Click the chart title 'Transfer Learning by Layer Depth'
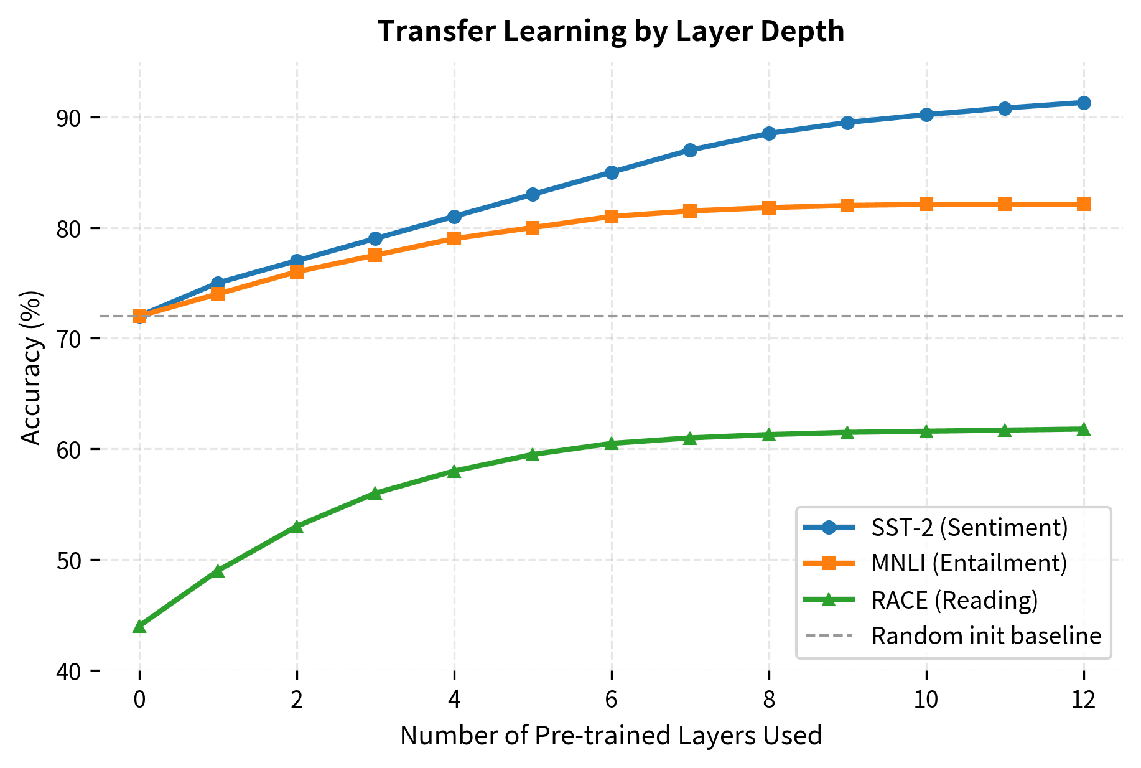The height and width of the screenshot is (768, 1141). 611,31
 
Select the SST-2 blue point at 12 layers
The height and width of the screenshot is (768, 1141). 1084,103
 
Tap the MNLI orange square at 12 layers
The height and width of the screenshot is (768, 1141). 1084,204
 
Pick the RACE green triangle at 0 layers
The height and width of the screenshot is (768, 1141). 139,626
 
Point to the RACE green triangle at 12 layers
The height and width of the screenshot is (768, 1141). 1084,429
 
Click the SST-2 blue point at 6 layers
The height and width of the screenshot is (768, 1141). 612,172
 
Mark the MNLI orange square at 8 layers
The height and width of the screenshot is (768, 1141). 769,207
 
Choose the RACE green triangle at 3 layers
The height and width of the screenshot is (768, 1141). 375,494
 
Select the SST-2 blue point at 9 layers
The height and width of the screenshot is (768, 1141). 847,123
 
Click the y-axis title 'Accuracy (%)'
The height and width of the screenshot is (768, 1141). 31,367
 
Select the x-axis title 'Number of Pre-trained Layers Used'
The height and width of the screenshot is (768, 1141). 611,736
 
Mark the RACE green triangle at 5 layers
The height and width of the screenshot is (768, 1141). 533,455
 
